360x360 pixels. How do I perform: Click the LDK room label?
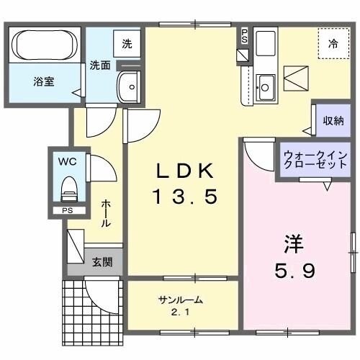(x=186, y=171)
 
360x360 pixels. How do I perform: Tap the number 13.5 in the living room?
(x=184, y=197)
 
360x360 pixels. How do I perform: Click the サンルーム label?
(x=181, y=300)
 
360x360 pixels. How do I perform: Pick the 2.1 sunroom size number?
(x=181, y=312)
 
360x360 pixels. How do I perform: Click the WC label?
(x=69, y=162)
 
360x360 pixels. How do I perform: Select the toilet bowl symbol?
(x=69, y=189)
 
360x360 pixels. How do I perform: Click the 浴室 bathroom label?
(x=42, y=81)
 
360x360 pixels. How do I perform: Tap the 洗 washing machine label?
(x=127, y=43)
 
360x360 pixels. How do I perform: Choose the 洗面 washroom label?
(x=100, y=65)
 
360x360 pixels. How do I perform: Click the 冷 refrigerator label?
(x=333, y=44)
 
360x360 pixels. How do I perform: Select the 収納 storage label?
(x=333, y=120)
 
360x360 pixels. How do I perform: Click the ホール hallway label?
(x=106, y=214)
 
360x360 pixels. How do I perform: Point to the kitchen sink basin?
(x=265, y=86)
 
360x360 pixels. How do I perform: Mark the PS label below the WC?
(x=68, y=211)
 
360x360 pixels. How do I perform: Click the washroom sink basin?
(x=130, y=87)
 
